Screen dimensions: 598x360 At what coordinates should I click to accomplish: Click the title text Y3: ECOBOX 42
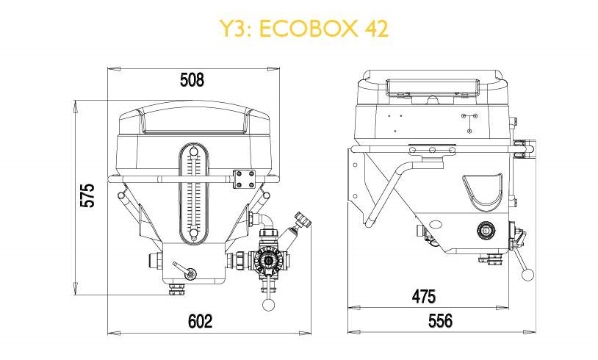point(304,28)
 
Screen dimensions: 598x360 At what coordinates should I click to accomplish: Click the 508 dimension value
point(192,80)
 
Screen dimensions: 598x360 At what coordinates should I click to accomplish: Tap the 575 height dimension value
point(87,195)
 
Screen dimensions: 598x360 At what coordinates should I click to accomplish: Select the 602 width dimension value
point(201,321)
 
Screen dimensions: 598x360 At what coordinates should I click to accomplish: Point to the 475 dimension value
point(424,296)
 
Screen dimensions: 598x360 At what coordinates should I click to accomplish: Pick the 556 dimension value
point(441,320)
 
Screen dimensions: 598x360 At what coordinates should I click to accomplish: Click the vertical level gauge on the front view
point(194,194)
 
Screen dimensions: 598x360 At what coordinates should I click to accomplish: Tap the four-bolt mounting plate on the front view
point(245,179)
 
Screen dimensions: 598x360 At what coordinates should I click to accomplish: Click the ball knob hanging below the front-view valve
point(268,304)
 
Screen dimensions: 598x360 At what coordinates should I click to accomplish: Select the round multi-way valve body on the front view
point(270,260)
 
